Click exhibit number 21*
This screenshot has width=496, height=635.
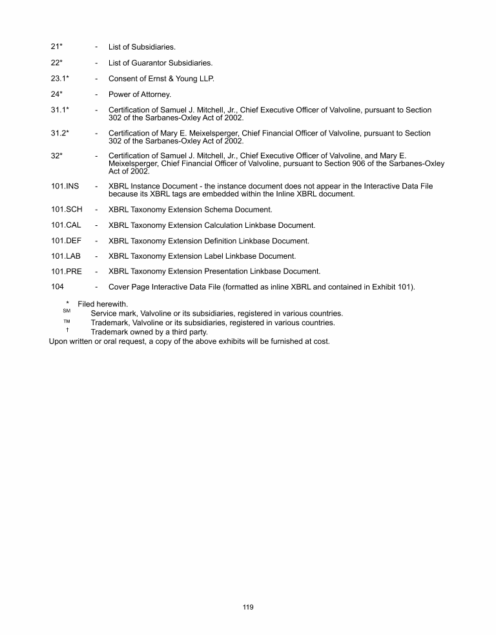[x=56, y=47]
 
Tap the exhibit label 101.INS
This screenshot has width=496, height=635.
[x=65, y=186]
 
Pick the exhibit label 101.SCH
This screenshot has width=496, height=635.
[x=67, y=209]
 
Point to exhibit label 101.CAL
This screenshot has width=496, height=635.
[x=66, y=225]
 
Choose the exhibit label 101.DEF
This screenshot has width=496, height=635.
[x=66, y=241]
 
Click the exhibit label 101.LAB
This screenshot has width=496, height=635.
[x=66, y=256]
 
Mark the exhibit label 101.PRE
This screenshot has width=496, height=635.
[x=67, y=272]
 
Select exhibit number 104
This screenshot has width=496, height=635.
[x=57, y=287]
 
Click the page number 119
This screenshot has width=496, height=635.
[x=248, y=607]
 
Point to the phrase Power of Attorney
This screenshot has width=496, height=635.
[x=139, y=95]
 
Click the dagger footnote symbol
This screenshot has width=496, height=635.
[x=67, y=330]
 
